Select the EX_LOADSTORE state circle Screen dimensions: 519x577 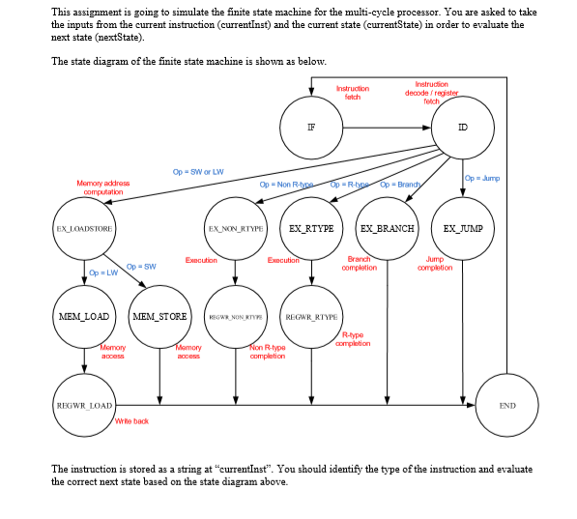tap(85, 229)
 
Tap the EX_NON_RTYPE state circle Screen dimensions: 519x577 tap(237, 229)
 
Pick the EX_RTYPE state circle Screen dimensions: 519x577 tap(311, 229)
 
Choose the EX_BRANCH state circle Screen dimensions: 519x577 tap(388, 229)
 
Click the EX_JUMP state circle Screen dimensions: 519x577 tap(463, 229)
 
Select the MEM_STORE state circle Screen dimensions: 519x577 tap(160, 316)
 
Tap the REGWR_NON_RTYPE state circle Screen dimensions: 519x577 tap(237, 316)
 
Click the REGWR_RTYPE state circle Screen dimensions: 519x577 tap(311, 316)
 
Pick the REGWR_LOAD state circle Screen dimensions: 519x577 tap(85, 406)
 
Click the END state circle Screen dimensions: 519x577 tap(505, 406)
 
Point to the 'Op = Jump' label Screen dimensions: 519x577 tap(482, 178)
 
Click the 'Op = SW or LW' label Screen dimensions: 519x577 tap(198, 171)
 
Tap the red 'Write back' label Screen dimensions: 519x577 tap(130, 421)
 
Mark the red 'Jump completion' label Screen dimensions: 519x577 tap(435, 264)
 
